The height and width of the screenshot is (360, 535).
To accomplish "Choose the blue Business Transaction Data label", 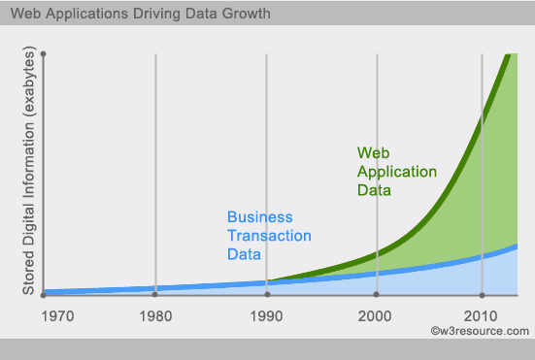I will (x=269, y=235).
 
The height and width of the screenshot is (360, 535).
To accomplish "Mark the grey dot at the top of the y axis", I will (x=45, y=52).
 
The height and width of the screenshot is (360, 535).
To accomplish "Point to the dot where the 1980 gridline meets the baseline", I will (x=155, y=294).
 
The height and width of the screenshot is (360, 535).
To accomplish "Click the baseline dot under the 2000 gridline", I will (x=378, y=294).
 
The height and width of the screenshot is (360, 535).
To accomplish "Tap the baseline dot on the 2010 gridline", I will (x=482, y=294).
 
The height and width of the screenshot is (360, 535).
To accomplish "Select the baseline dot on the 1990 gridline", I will (x=264, y=294).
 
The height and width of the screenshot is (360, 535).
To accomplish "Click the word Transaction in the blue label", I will (x=269, y=235).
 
